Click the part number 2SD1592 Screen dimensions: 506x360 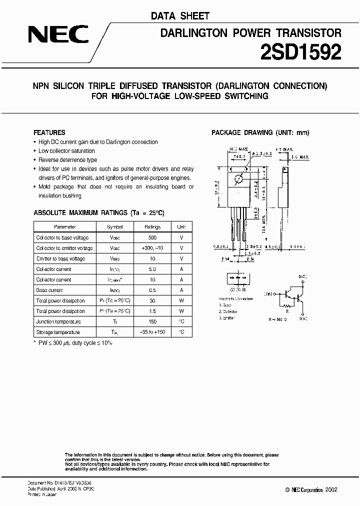(300, 51)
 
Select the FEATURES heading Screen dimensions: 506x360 (49, 132)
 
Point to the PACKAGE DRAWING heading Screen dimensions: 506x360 (260, 132)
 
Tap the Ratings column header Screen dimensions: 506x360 (152, 227)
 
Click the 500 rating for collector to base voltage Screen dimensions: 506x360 (152, 237)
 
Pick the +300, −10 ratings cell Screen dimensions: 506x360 (152, 248)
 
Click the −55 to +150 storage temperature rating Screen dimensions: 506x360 (152, 332)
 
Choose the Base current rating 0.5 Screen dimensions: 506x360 (152, 290)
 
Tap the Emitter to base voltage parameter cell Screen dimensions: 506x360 (60, 258)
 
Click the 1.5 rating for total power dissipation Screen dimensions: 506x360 (152, 311)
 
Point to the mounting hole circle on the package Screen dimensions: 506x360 (239, 178)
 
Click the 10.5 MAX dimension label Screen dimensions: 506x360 (239, 148)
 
